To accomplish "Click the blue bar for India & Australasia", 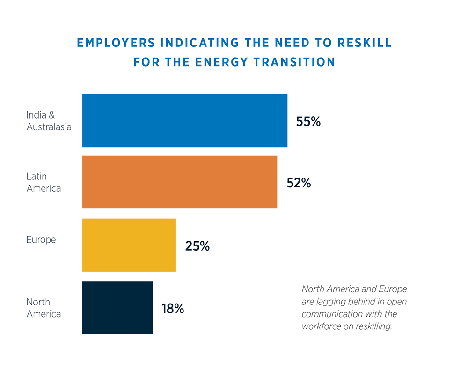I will click(x=184, y=120).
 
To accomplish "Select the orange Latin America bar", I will click(x=179, y=182).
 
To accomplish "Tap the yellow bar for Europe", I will click(x=129, y=245).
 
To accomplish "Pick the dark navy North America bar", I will click(x=117, y=307).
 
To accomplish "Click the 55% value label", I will click(x=308, y=121).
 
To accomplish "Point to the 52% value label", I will click(x=299, y=183).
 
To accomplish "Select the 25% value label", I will click(x=197, y=246).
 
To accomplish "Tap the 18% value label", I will click(x=173, y=309).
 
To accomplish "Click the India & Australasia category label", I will click(x=49, y=121).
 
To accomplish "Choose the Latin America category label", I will click(x=44, y=183).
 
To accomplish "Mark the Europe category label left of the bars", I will click(x=41, y=240).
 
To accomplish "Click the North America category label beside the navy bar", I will click(x=44, y=308).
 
